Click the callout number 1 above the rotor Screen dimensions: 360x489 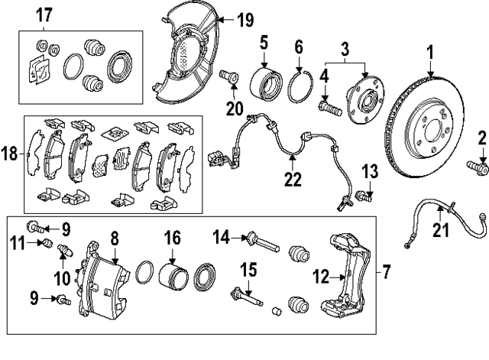point(429,54)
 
